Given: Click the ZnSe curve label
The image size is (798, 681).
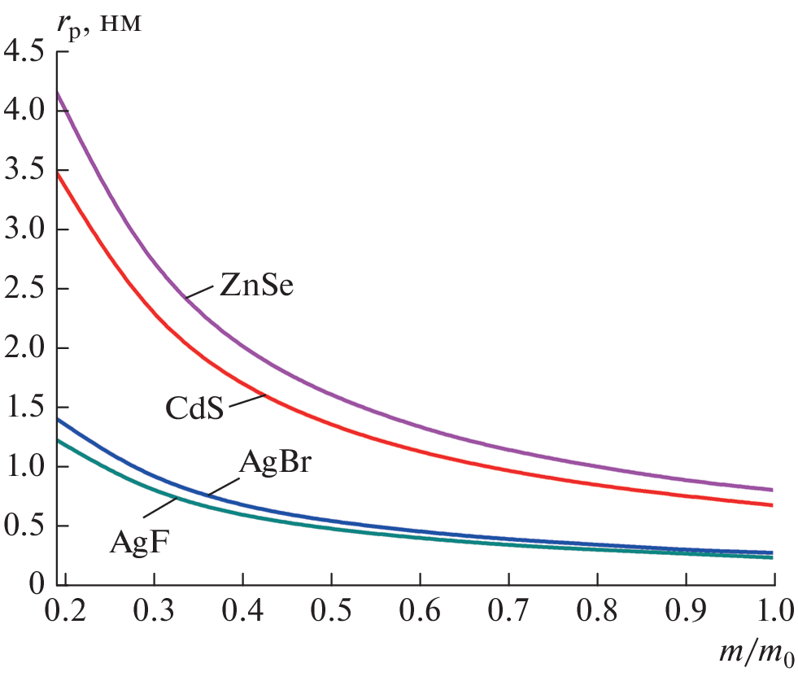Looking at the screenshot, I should pos(255,286).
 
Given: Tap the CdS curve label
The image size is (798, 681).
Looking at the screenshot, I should pos(194,407).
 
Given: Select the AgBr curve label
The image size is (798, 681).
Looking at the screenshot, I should pos(277,465).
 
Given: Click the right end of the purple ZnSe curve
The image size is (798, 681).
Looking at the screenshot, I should pos(770,490).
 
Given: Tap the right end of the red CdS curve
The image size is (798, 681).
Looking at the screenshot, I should pos(770,505).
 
